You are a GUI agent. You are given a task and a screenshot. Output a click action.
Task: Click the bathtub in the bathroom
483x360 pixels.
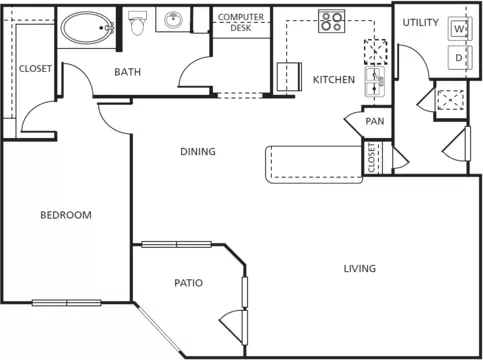[x=87, y=28]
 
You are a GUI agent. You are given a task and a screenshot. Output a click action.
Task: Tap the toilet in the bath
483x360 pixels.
[x=137, y=23]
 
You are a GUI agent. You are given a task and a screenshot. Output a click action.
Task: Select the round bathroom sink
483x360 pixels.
[x=173, y=20]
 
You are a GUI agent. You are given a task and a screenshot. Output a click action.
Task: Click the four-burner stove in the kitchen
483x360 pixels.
[x=331, y=21]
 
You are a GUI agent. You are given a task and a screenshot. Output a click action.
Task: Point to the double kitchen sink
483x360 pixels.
[x=375, y=82]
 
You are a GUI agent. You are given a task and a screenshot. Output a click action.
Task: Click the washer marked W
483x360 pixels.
[x=460, y=29]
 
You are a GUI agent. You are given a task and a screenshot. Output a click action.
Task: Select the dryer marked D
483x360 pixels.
[x=460, y=58]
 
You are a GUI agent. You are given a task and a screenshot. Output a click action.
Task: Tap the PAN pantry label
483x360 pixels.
[x=375, y=121]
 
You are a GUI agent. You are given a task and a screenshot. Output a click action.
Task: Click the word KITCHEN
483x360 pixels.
[x=334, y=80]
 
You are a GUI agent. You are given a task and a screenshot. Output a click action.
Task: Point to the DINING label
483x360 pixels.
[x=198, y=152]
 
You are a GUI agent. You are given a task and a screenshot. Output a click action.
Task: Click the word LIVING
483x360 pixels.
[x=360, y=268]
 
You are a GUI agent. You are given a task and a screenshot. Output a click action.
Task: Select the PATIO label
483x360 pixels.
[x=188, y=283]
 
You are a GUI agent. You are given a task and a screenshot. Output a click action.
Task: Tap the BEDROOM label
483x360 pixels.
[x=66, y=215]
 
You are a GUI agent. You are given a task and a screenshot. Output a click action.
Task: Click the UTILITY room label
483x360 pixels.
[x=421, y=23]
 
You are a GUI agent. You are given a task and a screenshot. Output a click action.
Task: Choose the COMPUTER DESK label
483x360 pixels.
[x=241, y=22]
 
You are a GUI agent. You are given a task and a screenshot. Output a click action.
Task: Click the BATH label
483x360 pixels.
[x=127, y=72]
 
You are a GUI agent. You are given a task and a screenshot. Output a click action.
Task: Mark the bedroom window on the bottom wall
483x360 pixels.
[x=67, y=303]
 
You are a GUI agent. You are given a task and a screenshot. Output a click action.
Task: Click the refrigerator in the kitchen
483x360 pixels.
[x=289, y=77]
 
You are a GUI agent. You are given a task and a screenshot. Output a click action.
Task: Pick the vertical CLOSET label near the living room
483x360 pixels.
[x=371, y=158]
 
